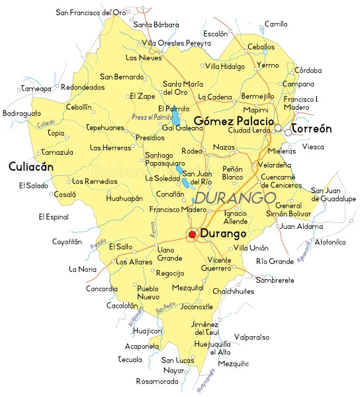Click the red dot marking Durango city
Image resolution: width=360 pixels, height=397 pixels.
pos(192,234)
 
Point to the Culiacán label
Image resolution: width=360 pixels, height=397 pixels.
pos(30,167)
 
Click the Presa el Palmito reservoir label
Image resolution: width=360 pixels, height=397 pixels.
pos(152,117)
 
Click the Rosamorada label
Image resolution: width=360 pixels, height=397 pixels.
pos(157,382)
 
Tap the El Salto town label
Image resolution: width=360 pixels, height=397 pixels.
pos(120,246)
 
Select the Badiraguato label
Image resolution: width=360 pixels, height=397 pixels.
pos(22,114)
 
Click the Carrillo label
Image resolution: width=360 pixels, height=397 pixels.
pos(275,24)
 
